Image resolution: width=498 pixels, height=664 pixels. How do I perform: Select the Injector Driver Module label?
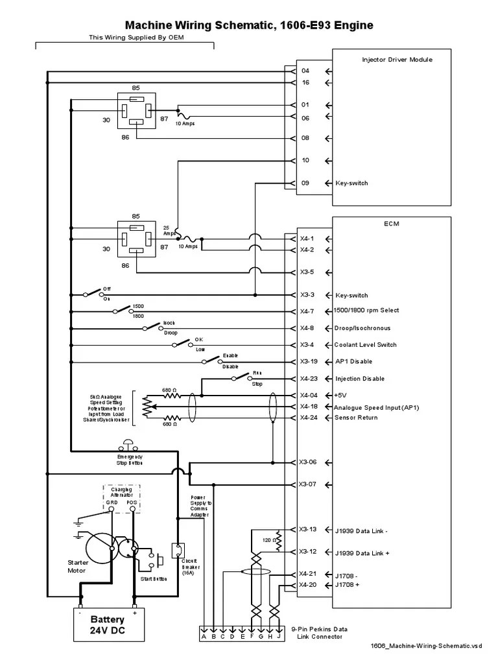[x=397, y=60]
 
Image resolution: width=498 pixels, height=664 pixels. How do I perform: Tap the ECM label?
[x=392, y=224]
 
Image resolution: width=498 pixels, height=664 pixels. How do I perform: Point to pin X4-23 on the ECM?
[x=308, y=379]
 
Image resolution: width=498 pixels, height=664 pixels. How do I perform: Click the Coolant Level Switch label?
[x=364, y=345]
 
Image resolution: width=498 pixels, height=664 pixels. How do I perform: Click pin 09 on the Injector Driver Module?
[x=305, y=184]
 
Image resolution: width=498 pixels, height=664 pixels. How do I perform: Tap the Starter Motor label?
[x=78, y=567]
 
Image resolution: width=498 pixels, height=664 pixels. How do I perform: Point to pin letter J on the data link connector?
[x=278, y=637]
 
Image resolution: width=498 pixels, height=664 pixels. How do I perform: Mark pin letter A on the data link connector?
[x=204, y=637]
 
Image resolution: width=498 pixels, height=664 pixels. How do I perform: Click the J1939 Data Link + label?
[x=362, y=552]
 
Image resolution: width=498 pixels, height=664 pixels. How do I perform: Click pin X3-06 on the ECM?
[x=308, y=462]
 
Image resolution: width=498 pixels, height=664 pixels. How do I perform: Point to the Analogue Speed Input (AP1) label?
[x=376, y=407]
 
